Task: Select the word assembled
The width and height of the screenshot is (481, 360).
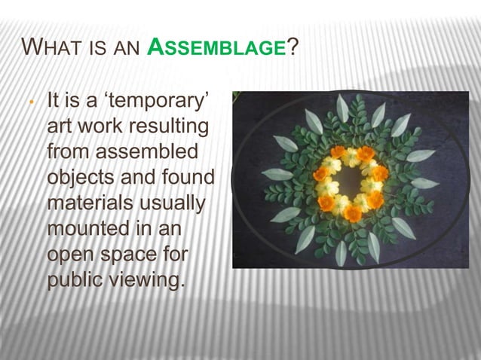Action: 149,153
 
